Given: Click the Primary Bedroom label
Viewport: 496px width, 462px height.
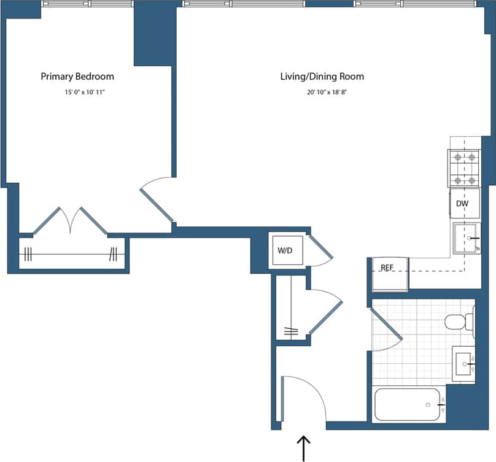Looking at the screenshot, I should [x=77, y=77].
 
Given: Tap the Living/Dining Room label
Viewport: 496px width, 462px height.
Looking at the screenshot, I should [x=322, y=77].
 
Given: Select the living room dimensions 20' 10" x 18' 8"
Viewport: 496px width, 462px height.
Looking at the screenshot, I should [x=322, y=93].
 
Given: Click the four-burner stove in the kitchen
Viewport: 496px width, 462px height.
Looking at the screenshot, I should [x=464, y=169].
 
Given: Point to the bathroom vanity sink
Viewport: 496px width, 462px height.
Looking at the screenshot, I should [x=464, y=364].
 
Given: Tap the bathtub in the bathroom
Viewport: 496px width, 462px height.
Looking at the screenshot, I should [x=407, y=404].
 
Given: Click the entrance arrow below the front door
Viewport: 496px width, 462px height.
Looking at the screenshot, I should [x=304, y=448].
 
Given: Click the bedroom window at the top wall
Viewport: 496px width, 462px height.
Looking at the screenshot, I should [x=87, y=4].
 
